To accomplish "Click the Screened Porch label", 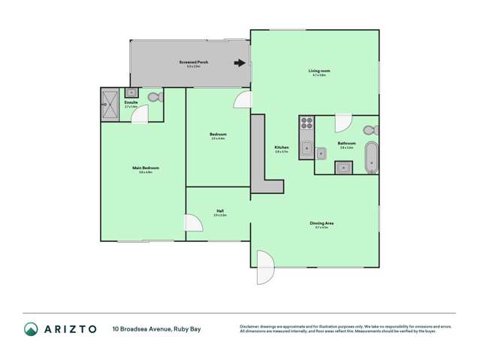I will [x=193, y=62].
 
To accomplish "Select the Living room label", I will [x=320, y=71].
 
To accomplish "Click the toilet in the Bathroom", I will [x=370, y=131].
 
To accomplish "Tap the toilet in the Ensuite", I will [x=155, y=97].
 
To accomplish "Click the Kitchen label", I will [x=282, y=147].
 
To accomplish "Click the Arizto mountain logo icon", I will [x=31, y=328].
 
